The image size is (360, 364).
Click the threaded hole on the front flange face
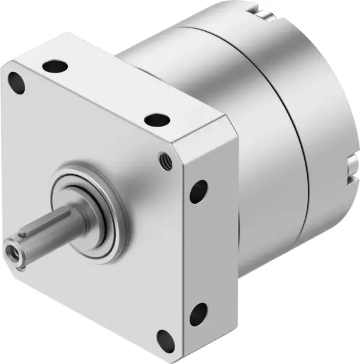pyautogui.click(x=163, y=158)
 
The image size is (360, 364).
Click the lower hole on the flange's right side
pyautogui.click(x=199, y=313)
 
